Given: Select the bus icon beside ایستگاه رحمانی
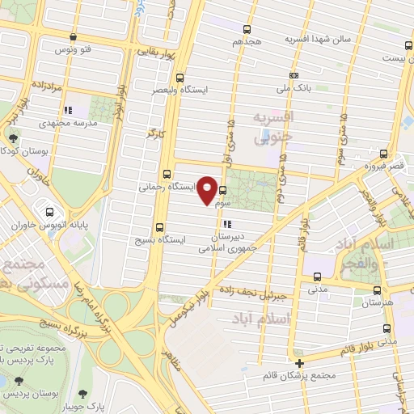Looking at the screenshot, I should coord(167,173).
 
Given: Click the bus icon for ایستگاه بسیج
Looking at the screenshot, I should coord(158,227).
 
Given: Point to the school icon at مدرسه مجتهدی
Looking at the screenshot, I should coord(68,109).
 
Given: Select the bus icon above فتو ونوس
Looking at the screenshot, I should coord(74,36).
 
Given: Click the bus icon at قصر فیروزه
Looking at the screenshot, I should coord(383,154).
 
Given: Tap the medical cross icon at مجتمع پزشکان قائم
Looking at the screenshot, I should coord(299,362).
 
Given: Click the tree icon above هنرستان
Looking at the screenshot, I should coord(374,289).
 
